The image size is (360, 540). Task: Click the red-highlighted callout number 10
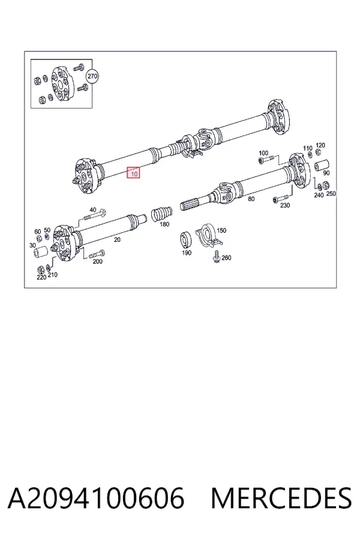(133, 173)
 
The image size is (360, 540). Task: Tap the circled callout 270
(92, 76)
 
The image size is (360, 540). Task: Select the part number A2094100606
(96, 498)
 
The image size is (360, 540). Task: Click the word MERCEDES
(281, 498)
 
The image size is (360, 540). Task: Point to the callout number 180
(164, 224)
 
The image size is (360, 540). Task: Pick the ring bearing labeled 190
(187, 240)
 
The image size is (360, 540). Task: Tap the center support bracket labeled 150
(209, 235)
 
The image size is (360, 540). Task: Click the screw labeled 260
(217, 257)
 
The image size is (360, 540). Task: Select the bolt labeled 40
(95, 215)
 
